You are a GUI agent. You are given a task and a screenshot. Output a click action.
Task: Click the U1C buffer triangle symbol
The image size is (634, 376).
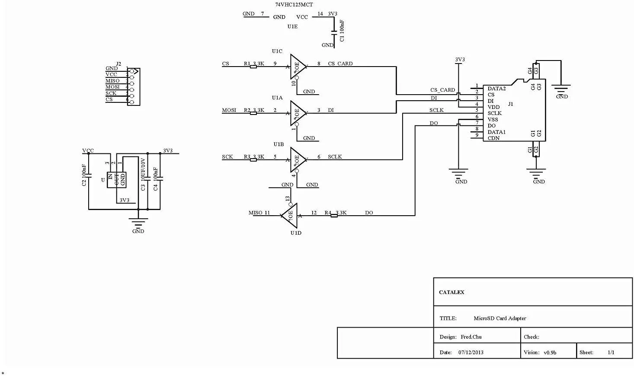point(298,66)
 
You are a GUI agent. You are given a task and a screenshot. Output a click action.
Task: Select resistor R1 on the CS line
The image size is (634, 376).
point(253,66)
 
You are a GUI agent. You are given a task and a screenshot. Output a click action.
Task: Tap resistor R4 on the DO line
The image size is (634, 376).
point(334,215)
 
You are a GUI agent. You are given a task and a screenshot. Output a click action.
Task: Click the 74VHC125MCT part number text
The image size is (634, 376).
point(294,4)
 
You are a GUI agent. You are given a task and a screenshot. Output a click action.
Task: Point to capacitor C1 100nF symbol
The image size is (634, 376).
point(333,32)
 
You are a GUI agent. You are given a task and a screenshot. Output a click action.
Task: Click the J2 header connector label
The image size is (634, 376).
point(118,64)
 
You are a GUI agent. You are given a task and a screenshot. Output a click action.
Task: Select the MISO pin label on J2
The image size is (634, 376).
point(112,81)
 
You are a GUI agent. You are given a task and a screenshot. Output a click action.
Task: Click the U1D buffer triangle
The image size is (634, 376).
point(290,215)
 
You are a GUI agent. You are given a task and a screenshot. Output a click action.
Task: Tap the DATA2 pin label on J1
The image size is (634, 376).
point(496,89)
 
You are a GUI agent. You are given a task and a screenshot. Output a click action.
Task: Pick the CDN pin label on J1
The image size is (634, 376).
point(493,138)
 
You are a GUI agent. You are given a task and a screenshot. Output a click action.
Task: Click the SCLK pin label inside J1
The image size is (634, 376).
point(495,113)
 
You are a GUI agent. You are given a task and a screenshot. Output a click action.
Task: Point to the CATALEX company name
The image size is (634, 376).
point(451,292)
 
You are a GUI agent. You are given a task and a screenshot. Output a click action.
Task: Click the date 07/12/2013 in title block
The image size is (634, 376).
point(471,352)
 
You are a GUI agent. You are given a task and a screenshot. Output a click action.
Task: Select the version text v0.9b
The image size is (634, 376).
point(550,352)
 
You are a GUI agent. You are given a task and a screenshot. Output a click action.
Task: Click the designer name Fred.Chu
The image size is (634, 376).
point(471,337)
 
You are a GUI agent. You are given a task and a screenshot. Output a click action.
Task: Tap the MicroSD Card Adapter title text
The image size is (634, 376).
point(500,318)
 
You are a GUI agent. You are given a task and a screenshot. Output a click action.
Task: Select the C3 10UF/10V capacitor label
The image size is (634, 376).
point(143,174)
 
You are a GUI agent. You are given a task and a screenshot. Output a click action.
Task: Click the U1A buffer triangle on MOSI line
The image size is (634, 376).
point(298,113)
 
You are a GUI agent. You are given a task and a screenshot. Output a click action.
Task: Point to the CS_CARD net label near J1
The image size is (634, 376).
point(442,90)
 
